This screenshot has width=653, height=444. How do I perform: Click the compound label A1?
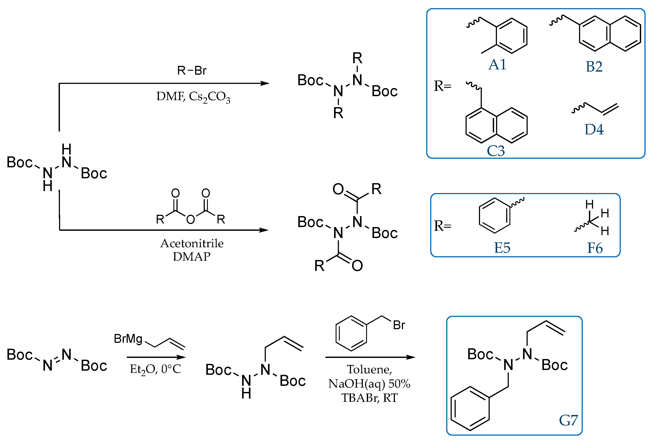tap(497, 65)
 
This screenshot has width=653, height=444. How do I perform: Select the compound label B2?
tap(594, 67)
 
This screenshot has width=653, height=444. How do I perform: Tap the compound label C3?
tap(496, 151)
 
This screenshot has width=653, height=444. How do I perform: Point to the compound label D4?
tap(594, 130)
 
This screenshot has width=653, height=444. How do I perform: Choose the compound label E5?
tap(502, 248)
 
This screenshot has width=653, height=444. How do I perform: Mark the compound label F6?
tap(595, 248)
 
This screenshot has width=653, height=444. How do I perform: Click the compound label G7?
tap(568, 421)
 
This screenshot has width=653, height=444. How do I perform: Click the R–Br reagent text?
tap(192, 70)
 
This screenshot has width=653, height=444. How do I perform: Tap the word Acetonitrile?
tap(192, 243)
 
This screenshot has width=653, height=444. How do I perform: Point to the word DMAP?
tap(192, 256)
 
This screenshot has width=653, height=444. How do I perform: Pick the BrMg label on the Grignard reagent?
tap(128, 339)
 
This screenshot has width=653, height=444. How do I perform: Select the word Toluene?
tap(369, 370)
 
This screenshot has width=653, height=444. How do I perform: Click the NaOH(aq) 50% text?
tap(369, 384)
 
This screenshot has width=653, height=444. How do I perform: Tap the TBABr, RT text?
tap(369, 398)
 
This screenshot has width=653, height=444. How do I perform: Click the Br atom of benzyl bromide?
tap(399, 325)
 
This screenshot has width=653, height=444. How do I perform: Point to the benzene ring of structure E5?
tap(495, 216)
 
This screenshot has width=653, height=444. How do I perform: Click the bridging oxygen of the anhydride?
tap(191, 219)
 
